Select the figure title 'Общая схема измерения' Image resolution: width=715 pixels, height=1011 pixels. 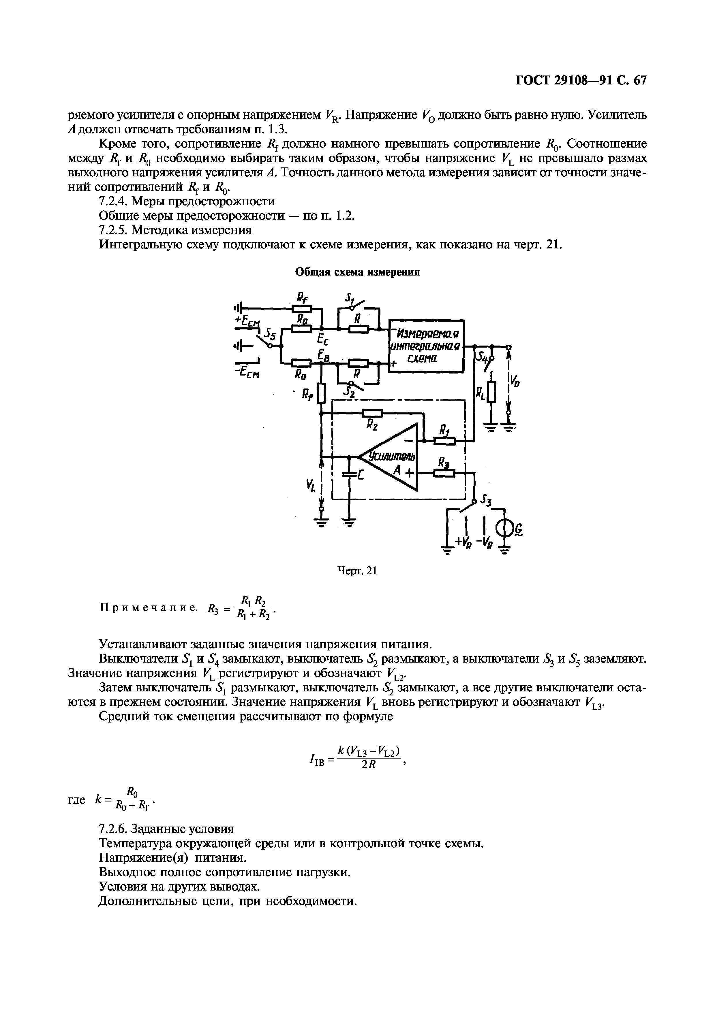click(357, 272)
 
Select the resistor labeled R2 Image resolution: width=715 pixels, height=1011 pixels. click(372, 413)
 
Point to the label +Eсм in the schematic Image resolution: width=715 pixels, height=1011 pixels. click(248, 321)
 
